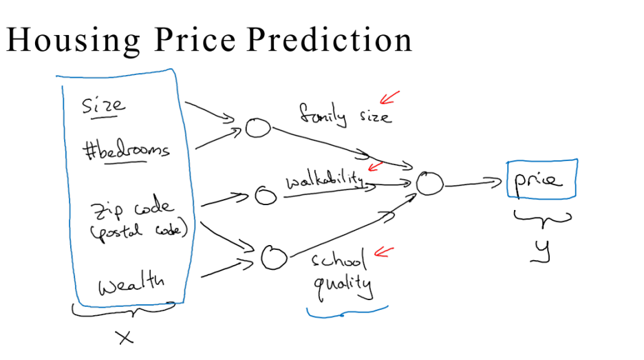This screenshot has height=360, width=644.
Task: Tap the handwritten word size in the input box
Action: [104, 105]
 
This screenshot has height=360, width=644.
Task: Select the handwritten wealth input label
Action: [130, 284]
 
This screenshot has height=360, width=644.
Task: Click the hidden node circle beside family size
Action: [259, 127]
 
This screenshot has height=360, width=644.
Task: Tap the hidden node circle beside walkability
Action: [266, 195]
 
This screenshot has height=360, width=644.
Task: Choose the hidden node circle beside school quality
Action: [273, 257]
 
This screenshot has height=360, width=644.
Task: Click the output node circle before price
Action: [429, 183]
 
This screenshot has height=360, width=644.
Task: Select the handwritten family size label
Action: [345, 114]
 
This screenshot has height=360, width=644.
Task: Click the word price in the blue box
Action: [537, 180]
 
